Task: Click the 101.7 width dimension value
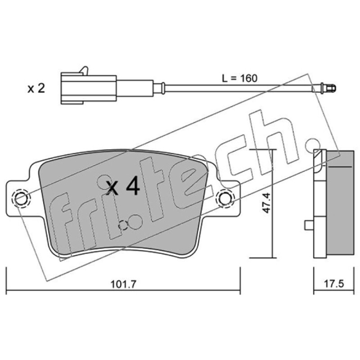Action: point(123,284)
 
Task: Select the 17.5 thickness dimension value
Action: point(333,284)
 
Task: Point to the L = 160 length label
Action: point(239,78)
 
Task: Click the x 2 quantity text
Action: point(36,88)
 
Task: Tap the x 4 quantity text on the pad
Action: point(123,186)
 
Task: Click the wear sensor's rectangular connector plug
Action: point(89,88)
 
